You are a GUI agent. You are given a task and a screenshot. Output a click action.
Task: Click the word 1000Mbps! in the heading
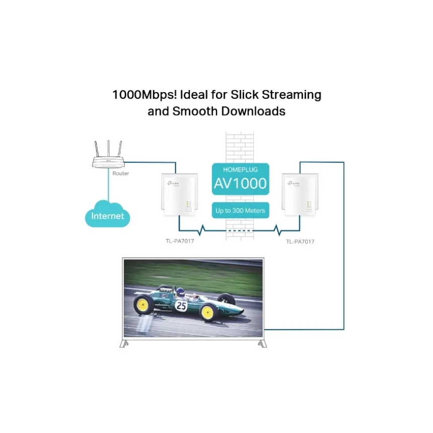(145, 95)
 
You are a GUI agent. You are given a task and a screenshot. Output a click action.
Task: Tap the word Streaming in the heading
(292, 95)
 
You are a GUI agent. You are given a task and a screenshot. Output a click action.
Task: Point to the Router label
(121, 173)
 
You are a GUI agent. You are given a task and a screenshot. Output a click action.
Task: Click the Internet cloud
(107, 214)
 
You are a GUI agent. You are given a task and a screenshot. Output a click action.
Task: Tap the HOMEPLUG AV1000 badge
(241, 179)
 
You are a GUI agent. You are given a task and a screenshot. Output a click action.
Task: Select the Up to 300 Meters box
(241, 210)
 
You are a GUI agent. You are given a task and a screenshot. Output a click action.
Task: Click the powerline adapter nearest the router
(180, 195)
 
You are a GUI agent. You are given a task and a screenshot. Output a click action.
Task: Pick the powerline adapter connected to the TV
(300, 195)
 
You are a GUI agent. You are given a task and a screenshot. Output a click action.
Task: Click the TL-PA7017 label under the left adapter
(180, 241)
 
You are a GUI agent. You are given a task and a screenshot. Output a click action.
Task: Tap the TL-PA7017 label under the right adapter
(300, 242)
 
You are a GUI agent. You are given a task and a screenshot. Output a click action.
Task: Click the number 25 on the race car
(181, 306)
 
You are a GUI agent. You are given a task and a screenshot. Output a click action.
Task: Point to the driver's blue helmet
(180, 292)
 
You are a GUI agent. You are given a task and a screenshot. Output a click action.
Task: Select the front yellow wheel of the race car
(207, 312)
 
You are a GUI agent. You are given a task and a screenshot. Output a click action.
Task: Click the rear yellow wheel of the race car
(143, 304)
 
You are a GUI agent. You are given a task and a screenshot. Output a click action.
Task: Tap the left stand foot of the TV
(124, 343)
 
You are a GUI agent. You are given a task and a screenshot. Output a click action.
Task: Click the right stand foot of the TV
(262, 343)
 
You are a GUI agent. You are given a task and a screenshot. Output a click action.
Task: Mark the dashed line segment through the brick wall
(240, 230)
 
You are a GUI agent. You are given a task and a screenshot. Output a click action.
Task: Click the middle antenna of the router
(109, 149)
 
